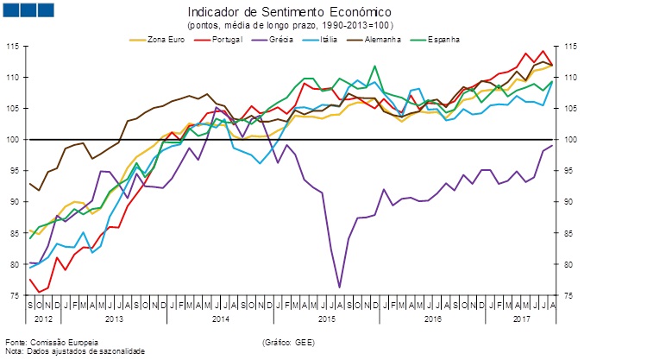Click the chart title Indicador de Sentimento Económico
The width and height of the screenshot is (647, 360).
click(288, 13)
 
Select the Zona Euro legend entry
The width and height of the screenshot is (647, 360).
click(165, 39)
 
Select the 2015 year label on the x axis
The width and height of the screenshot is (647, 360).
click(327, 319)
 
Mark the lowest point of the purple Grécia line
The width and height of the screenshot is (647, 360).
click(339, 287)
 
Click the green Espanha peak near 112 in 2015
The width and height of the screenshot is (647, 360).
click(375, 66)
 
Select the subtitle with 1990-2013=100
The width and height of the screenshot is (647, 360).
click(288, 26)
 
